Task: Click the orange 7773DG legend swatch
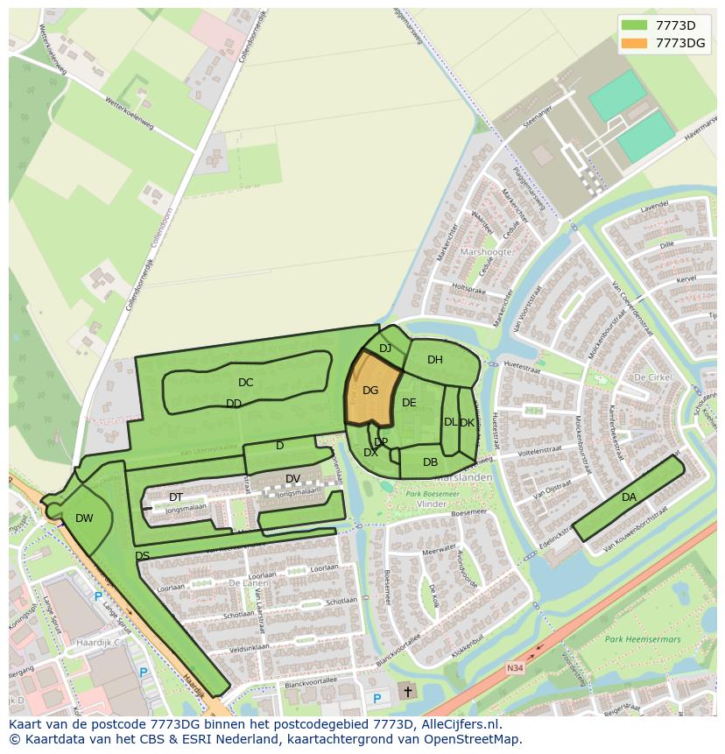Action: pyautogui.click(x=635, y=43)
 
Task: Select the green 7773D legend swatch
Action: pyautogui.click(x=635, y=25)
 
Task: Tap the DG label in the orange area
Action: pyautogui.click(x=370, y=391)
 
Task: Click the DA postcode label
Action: pyautogui.click(x=629, y=497)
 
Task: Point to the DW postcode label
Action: pyautogui.click(x=84, y=518)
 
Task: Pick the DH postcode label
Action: pyautogui.click(x=435, y=360)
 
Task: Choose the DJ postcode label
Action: pyautogui.click(x=385, y=349)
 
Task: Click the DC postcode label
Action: pyautogui.click(x=245, y=383)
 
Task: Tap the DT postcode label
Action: pyautogui.click(x=176, y=497)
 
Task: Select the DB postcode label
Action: pyautogui.click(x=430, y=462)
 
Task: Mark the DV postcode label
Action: pyautogui.click(x=292, y=478)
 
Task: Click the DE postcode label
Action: pyautogui.click(x=409, y=403)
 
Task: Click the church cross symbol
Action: pyautogui.click(x=407, y=692)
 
